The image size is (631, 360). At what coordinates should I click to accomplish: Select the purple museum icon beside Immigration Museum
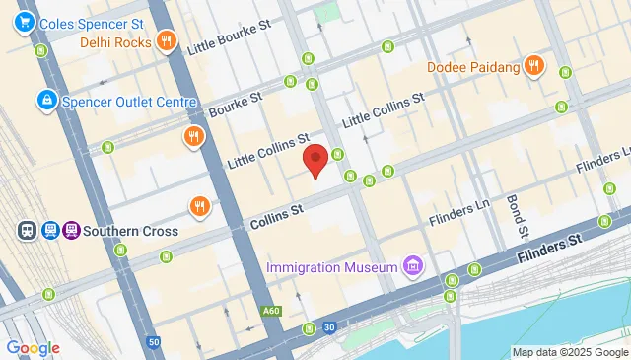412,266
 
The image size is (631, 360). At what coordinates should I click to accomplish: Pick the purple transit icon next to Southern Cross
71,231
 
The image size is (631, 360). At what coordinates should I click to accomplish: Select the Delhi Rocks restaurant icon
166,41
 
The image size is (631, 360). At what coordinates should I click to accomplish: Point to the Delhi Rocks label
115,42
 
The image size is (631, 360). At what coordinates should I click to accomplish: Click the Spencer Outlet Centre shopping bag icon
45,100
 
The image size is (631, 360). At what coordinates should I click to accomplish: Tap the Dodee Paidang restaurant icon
533,66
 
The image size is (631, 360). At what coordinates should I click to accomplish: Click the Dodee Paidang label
472,67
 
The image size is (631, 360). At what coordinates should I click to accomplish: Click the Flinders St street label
547,250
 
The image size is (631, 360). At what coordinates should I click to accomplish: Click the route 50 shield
153,341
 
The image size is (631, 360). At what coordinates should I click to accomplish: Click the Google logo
33,347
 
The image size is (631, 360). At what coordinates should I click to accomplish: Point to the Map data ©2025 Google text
569,352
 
